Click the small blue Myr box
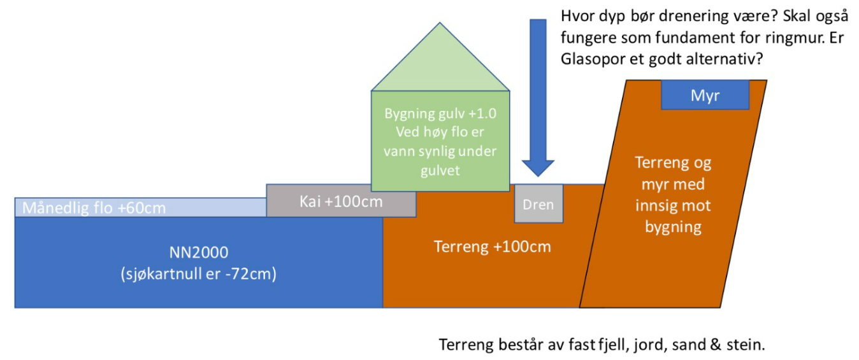tap(705, 95)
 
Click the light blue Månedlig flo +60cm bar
tap(140, 208)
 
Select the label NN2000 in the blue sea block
tap(198, 252)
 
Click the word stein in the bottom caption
tap(746, 345)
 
